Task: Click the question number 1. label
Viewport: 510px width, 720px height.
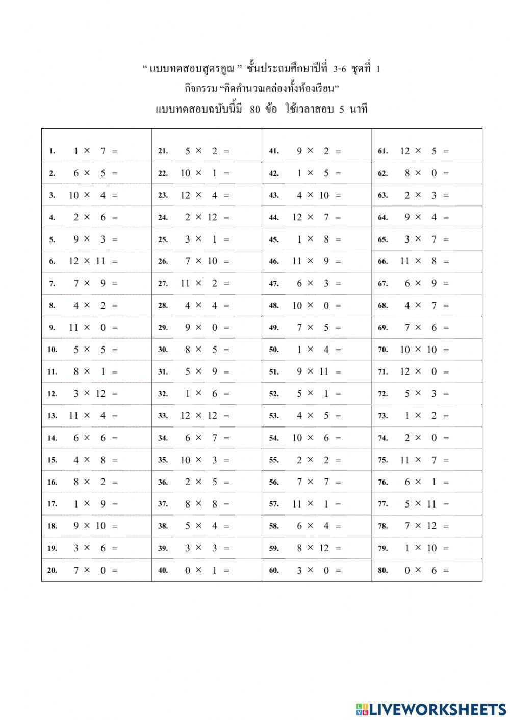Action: [x=52, y=151]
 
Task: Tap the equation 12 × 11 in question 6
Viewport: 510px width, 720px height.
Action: [x=87, y=261]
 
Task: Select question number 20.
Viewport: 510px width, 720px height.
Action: [x=52, y=571]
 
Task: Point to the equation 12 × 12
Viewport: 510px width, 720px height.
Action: [x=199, y=416]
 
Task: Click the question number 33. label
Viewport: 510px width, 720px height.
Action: [x=163, y=416]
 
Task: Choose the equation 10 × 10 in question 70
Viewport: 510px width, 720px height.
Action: [x=418, y=350]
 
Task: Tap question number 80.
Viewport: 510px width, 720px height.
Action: [x=382, y=571]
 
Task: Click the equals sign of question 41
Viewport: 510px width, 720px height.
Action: [x=338, y=151]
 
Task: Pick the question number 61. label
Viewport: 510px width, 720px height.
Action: [x=382, y=151]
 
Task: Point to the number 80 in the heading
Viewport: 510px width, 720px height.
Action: [x=255, y=109]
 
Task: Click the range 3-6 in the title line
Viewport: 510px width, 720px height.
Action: [x=340, y=69]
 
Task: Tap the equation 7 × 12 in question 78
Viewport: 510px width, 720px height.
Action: [x=421, y=526]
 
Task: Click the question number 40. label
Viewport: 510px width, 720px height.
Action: [x=163, y=571]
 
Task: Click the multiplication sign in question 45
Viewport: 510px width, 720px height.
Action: [x=310, y=239]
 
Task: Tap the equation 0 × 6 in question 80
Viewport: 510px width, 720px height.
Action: [x=421, y=571]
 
